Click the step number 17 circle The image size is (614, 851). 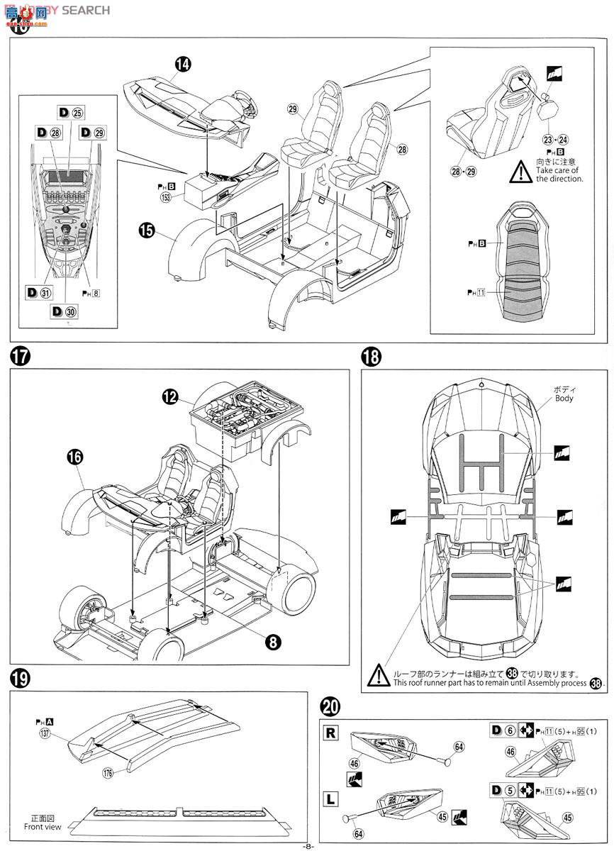click(21, 356)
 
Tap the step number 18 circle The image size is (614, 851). click(373, 356)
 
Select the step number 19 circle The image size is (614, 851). click(21, 679)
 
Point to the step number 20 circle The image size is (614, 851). click(329, 706)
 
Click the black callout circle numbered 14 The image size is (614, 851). click(183, 64)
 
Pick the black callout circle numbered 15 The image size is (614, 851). click(147, 231)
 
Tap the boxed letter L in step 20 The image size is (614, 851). click(330, 800)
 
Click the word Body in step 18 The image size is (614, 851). click(564, 399)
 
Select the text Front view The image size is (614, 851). click(43, 826)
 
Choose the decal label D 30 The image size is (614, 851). click(62, 311)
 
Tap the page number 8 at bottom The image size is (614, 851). click(307, 845)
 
